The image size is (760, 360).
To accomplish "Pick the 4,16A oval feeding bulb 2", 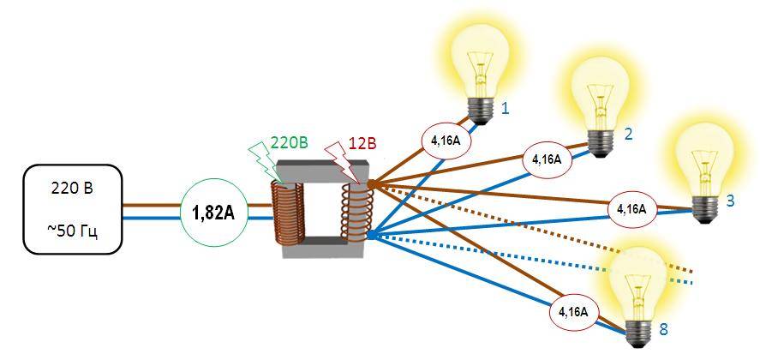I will (546, 159).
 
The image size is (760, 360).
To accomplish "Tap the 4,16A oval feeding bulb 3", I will (631, 208).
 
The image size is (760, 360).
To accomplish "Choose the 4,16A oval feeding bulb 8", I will (571, 312).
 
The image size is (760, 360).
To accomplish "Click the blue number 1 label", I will (506, 109).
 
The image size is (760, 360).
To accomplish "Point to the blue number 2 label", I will (628, 134).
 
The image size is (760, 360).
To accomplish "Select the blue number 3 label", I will (730, 201).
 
